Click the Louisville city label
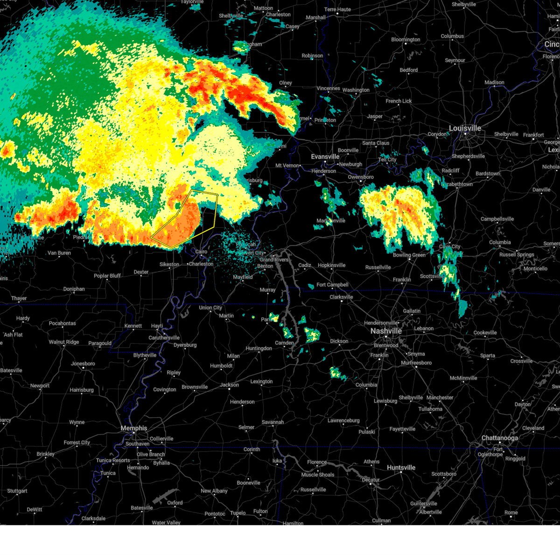[x=465, y=128]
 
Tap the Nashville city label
[x=386, y=331]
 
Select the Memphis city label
[x=133, y=428]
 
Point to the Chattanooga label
[x=499, y=438]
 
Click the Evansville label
[x=325, y=157]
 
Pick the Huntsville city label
[x=401, y=468]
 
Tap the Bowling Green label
[x=409, y=255]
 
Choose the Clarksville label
[x=341, y=297]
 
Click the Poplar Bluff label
[x=107, y=276]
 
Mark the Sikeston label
[x=169, y=265]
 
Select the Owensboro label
[x=361, y=177]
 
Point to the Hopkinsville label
[x=332, y=266]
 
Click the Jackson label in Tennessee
[x=229, y=385]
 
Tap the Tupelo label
[x=238, y=513]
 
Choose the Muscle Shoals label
[x=317, y=475]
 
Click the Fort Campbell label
[x=332, y=285]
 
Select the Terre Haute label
[x=337, y=9]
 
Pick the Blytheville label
[x=145, y=355]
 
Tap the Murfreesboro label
[x=416, y=363]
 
